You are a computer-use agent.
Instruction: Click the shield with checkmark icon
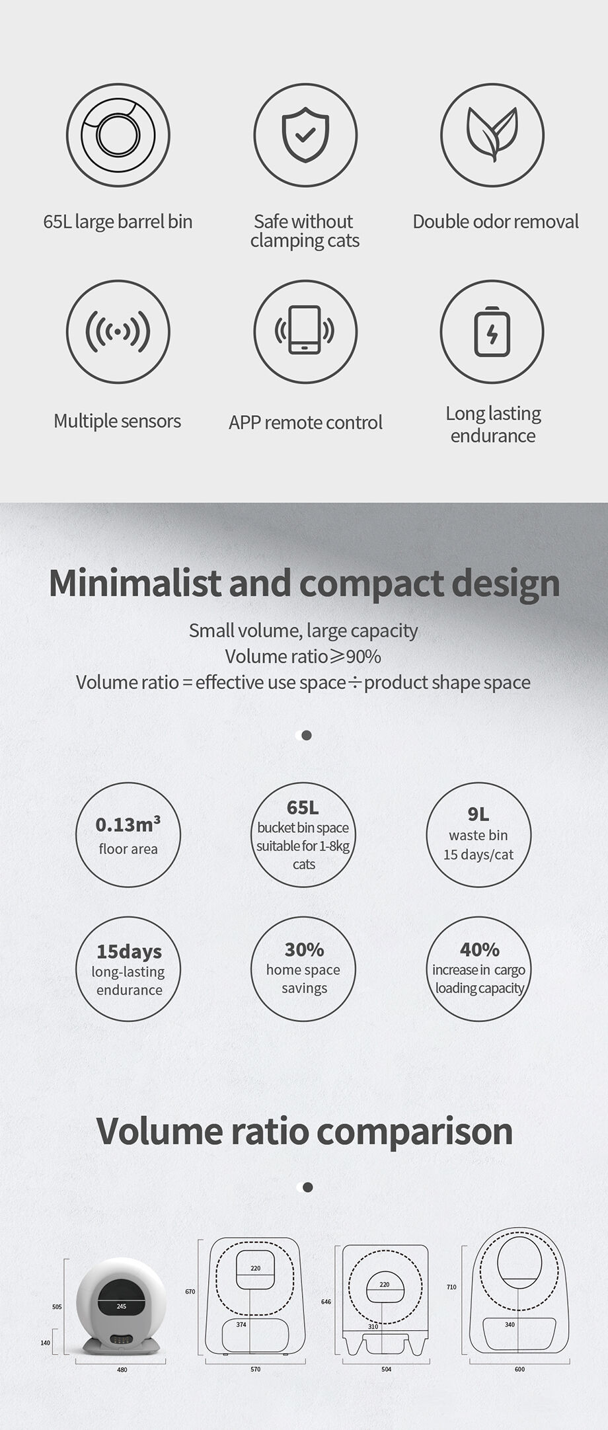(x=305, y=134)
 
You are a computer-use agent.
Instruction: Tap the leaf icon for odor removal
(x=492, y=134)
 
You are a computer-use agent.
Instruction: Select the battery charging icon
(x=492, y=331)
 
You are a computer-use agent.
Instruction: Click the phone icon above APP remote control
(x=305, y=330)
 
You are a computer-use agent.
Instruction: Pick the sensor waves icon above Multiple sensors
(x=118, y=331)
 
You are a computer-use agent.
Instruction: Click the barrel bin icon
(x=118, y=134)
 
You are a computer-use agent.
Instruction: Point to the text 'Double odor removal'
(x=496, y=221)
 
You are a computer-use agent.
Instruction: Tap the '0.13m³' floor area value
(x=128, y=824)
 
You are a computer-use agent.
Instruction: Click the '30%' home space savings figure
(x=304, y=950)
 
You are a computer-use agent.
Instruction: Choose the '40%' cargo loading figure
(x=479, y=950)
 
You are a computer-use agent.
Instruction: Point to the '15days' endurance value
(x=129, y=952)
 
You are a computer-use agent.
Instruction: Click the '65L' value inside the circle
(x=303, y=807)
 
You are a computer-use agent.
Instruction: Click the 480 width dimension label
(x=122, y=1370)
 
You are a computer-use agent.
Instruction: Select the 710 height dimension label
(x=451, y=1287)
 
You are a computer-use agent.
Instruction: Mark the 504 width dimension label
(x=387, y=1369)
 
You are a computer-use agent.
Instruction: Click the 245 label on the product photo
(x=122, y=1306)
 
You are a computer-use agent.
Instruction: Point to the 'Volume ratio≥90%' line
(x=303, y=656)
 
